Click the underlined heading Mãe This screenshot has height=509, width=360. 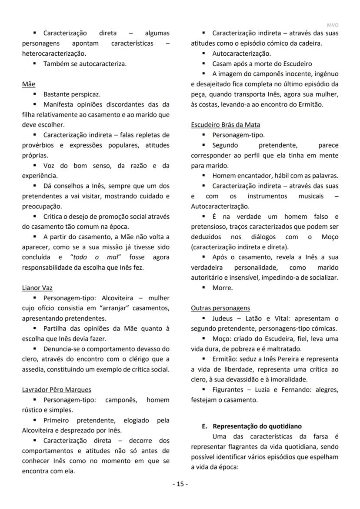(29, 84)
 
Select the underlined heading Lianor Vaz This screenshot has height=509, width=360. (37, 288)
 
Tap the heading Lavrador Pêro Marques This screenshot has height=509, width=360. (57, 389)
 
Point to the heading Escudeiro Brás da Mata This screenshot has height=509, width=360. (226, 125)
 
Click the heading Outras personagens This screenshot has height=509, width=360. (220, 308)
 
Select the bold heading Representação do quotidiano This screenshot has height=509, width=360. (257, 426)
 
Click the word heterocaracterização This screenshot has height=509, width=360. (53, 54)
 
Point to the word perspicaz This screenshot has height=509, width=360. (85, 94)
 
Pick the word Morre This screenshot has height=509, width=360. (222, 288)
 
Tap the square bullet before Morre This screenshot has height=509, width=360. (203, 288)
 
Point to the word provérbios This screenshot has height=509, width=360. (39, 145)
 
